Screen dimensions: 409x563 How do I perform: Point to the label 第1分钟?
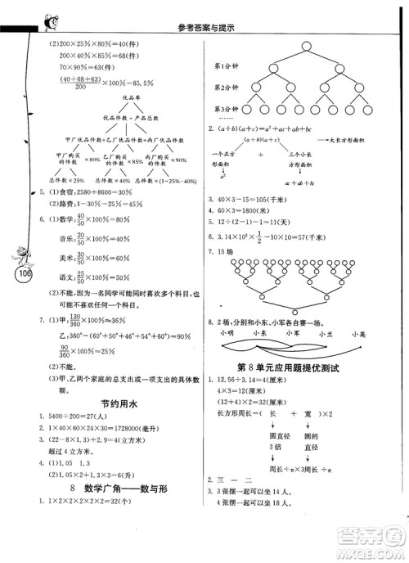tap(227, 65)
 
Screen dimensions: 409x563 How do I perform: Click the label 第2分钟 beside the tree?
tap(227, 88)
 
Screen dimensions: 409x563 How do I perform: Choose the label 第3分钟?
tap(227, 109)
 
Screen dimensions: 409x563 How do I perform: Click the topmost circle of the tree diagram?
tap(305, 46)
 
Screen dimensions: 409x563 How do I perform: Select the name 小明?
tap(228, 333)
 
